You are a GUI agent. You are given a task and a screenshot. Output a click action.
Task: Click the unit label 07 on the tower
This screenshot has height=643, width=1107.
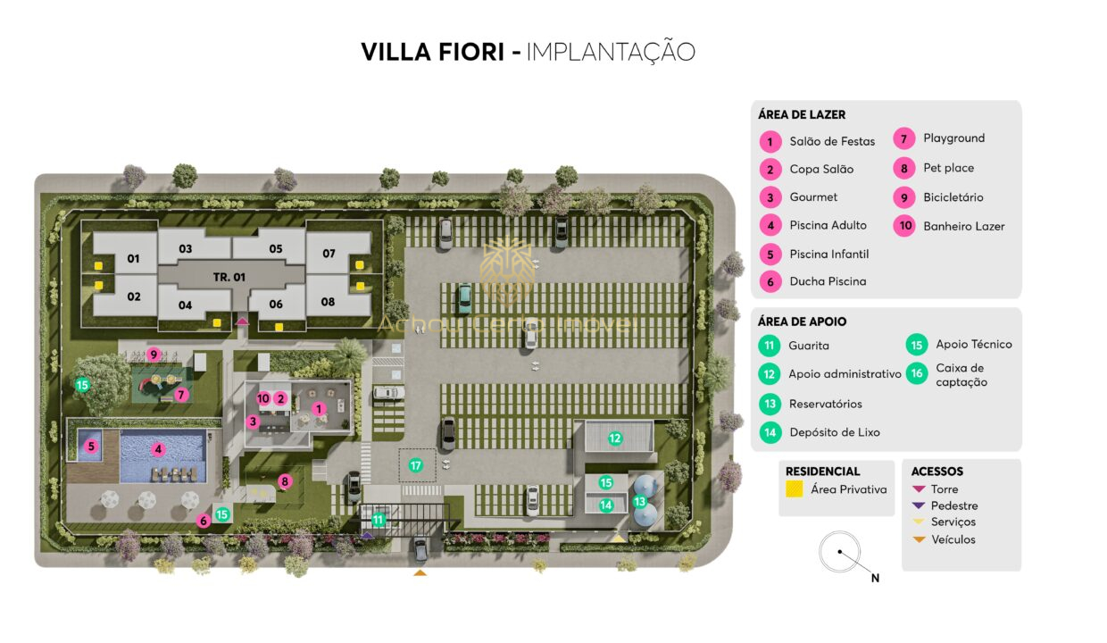tap(329, 254)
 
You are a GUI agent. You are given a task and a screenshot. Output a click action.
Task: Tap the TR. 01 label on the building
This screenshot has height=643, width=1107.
tap(229, 277)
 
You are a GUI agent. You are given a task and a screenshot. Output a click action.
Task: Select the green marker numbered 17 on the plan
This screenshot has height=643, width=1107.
tap(415, 465)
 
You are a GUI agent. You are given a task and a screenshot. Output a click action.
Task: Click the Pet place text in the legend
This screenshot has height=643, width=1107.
tap(948, 168)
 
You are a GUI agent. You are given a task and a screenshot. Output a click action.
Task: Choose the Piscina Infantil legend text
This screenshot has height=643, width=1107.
tap(828, 255)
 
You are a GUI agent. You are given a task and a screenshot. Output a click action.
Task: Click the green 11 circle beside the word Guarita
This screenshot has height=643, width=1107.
tap(769, 346)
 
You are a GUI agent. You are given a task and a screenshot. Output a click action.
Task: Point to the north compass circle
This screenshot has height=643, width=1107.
tap(839, 553)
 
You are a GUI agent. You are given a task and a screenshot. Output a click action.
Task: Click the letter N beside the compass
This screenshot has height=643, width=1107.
tap(875, 579)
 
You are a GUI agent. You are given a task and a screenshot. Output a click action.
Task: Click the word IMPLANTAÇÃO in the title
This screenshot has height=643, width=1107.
tap(611, 52)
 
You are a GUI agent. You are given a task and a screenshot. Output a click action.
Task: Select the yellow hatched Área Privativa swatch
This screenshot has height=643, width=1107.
tap(793, 489)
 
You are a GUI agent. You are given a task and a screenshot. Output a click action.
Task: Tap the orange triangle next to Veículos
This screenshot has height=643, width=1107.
tap(919, 539)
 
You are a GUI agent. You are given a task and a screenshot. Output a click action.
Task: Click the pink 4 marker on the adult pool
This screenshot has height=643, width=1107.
tap(158, 449)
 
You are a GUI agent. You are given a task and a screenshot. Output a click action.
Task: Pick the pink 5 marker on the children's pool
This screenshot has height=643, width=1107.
tap(90, 446)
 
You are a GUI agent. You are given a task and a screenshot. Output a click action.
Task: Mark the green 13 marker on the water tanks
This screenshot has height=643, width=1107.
tap(639, 502)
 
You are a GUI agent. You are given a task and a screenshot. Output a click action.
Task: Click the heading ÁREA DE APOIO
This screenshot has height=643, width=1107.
tap(802, 321)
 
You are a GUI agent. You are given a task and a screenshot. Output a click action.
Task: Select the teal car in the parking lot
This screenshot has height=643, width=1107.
tap(464, 298)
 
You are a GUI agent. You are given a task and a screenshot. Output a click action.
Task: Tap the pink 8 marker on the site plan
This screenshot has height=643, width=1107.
tap(285, 482)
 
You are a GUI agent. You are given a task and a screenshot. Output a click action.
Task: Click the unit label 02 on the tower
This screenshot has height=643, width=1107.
tap(133, 296)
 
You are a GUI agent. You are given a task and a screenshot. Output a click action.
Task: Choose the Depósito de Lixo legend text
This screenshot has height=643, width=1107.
tap(834, 432)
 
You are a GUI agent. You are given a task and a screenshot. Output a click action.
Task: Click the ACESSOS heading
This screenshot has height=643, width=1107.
tap(936, 472)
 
